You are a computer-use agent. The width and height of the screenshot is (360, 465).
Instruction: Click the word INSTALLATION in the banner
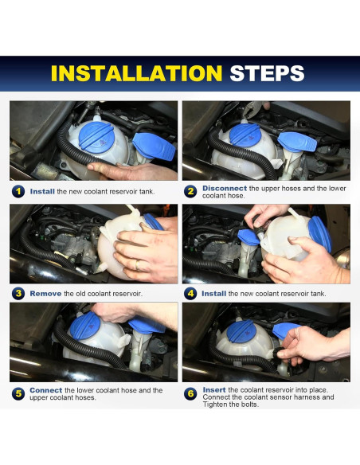pyautogui.click(x=136, y=73)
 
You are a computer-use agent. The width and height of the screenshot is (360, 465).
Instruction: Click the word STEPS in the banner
pyautogui.click(x=267, y=73)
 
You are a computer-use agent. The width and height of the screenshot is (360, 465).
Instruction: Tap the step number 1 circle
pyautogui.click(x=18, y=192)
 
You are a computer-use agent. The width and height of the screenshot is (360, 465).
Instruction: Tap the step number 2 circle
pyautogui.click(x=190, y=192)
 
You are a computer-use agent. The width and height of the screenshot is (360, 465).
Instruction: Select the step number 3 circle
pyautogui.click(x=18, y=294)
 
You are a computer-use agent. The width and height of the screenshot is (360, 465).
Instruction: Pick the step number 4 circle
pyautogui.click(x=190, y=294)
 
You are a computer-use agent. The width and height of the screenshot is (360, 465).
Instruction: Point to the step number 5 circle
pyautogui.click(x=18, y=394)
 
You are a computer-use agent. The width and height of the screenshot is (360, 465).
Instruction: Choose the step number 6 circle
pyautogui.click(x=190, y=394)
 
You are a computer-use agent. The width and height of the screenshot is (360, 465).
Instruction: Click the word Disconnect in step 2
pyautogui.click(x=225, y=189)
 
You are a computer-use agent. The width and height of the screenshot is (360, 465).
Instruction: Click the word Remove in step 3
pyautogui.click(x=45, y=294)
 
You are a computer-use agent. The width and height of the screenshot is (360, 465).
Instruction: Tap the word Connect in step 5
pyautogui.click(x=46, y=390)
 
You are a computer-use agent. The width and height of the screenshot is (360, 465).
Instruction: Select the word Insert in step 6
pyautogui.click(x=214, y=389)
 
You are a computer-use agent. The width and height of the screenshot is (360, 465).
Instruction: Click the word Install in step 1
pyautogui.click(x=42, y=192)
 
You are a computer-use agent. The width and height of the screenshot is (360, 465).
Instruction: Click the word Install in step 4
pyautogui.click(x=213, y=294)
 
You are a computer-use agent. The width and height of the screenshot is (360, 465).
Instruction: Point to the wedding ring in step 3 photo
pyautogui.click(x=137, y=265)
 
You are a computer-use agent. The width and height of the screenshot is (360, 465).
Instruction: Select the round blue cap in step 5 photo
pyautogui.click(x=84, y=326)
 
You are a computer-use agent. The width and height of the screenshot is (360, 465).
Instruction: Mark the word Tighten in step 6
pyautogui.click(x=215, y=404)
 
